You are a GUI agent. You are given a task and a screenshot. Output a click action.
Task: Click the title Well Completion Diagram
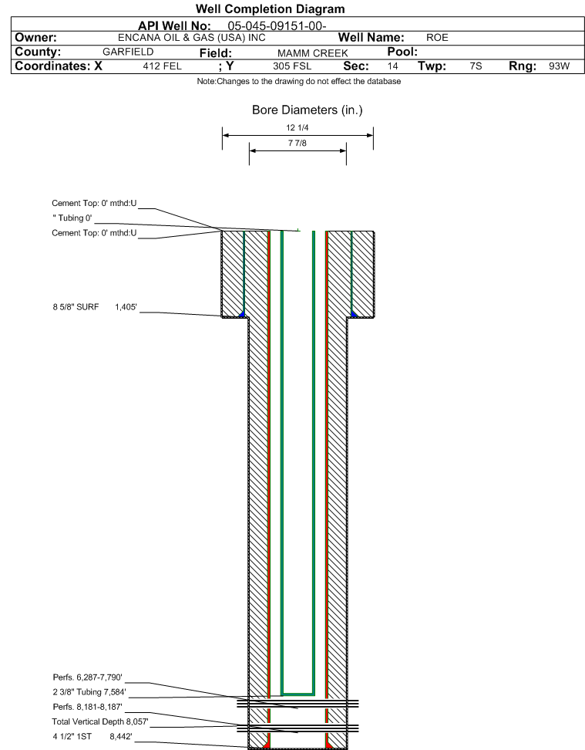270,9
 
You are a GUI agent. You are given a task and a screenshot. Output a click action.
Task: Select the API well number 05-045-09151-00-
277,25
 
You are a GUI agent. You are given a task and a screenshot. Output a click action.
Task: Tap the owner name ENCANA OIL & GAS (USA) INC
192,38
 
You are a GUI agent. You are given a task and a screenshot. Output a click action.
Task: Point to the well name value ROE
437,38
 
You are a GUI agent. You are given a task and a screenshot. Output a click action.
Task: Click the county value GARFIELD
128,52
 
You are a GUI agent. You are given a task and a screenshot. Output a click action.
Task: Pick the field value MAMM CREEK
313,53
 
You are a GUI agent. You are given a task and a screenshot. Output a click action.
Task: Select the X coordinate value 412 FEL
163,66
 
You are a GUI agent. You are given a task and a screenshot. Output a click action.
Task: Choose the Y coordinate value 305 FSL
292,66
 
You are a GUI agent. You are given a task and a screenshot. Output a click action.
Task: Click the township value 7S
476,66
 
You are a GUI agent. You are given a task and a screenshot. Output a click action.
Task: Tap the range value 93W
560,66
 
